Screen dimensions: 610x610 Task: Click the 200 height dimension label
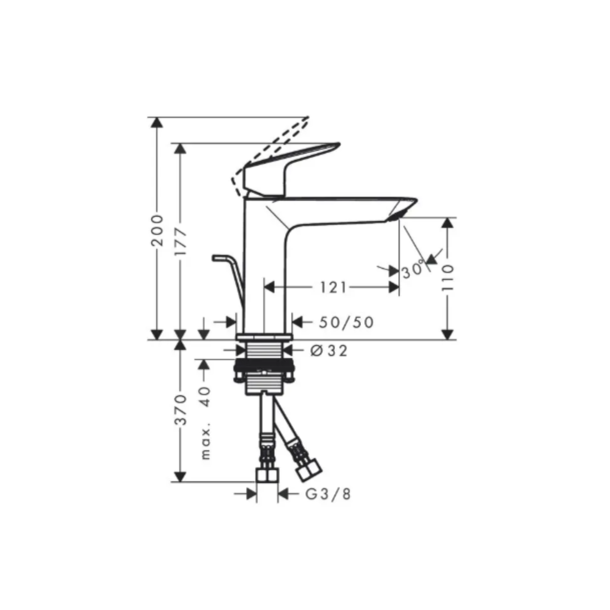pos(157,230)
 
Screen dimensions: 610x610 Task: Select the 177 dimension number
pos(181,243)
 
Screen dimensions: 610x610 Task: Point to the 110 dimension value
pos(447,278)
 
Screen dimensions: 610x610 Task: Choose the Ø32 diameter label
pos(329,351)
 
